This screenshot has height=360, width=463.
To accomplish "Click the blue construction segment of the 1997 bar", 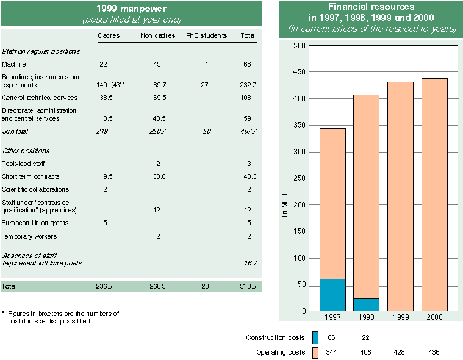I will pos(332,295).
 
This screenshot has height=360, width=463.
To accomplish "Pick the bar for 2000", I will pos(435,195).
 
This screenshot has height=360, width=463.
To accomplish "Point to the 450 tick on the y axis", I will pos(298,72).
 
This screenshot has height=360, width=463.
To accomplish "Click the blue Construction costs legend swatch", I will pos(315,337).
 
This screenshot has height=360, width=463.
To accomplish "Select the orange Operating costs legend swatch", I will pos(315,353).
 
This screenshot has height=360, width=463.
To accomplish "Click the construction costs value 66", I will pos(332,337).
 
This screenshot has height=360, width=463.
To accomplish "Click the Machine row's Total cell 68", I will pos(248,64).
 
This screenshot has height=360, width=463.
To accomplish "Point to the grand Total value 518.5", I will pos(248,286).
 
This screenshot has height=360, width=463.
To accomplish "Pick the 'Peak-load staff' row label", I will pos(23,164).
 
